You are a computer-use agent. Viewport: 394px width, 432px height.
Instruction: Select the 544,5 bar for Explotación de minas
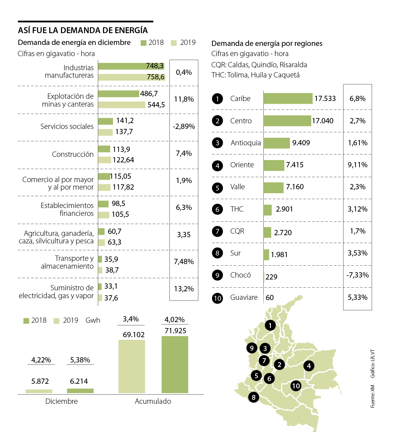pyautogui.click(x=121, y=105)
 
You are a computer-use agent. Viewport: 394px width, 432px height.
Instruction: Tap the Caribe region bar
pyautogui.click(x=288, y=98)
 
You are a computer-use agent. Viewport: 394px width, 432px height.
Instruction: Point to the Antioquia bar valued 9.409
pyautogui.click(x=276, y=143)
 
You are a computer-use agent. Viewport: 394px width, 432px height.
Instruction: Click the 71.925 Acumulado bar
pyautogui.click(x=175, y=364)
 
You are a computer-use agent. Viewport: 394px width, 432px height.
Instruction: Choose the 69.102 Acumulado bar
pyautogui.click(x=132, y=366)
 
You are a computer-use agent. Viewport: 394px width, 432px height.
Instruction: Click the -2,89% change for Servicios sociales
pyautogui.click(x=184, y=126)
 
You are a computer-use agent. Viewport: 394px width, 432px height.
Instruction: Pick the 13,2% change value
pyautogui.click(x=184, y=289)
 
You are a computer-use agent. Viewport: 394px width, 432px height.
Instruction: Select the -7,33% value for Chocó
pyautogui.click(x=358, y=275)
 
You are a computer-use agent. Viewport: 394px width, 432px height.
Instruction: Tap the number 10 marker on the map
pyautogui.click(x=296, y=386)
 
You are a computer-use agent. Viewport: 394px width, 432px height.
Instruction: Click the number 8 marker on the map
pyautogui.click(x=253, y=398)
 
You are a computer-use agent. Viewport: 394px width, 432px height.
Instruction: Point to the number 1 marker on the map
pyautogui.click(x=270, y=325)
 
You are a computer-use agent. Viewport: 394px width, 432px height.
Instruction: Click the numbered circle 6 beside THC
pyautogui.click(x=217, y=209)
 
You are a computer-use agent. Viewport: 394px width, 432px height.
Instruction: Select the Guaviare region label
pyautogui.click(x=244, y=298)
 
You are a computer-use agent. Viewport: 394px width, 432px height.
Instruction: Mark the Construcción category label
pyautogui.click(x=73, y=154)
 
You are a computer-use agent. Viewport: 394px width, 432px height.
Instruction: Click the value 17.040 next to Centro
pyautogui.click(x=322, y=121)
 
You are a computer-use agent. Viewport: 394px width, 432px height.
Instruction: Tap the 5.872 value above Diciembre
pyautogui.click(x=40, y=381)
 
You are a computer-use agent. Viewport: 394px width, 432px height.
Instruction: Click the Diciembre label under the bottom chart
pyautogui.click(x=61, y=401)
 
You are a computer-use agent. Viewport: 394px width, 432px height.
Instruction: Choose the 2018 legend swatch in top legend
pyautogui.click(x=143, y=43)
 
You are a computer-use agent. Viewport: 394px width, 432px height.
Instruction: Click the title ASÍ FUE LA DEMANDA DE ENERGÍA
pyautogui.click(x=83, y=31)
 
